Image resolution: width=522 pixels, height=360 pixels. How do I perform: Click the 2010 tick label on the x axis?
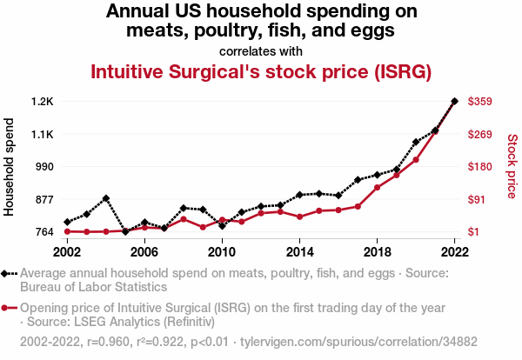pos(222,251)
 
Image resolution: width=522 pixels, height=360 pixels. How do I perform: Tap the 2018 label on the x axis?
pos(377,251)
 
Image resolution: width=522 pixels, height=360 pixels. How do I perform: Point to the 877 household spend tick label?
pos(43,199)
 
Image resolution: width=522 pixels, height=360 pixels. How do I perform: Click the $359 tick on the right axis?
pos(481,102)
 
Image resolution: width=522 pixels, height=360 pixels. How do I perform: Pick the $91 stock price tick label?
pos(478,199)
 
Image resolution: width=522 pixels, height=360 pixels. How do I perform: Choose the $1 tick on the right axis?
pos(475,231)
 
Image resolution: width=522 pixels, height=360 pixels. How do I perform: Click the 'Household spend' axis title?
pos(10,167)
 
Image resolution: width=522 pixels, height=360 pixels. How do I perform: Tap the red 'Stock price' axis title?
pos(512,165)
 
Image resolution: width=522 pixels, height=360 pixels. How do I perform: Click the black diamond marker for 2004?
pos(106,198)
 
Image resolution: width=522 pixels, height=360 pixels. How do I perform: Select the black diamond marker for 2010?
pos(222,226)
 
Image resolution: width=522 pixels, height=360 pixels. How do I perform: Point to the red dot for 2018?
pos(377,188)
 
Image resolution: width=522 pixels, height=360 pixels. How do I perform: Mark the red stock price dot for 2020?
pos(416,160)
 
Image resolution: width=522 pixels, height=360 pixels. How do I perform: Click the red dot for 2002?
pos(68,231)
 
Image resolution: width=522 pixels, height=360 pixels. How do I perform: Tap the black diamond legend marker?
pos(10,273)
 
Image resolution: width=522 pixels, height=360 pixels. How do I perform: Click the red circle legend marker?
pos(10,308)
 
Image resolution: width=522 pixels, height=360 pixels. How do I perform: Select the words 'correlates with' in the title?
pos(261,50)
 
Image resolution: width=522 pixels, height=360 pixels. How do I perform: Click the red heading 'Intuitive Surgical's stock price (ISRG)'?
pos(261,71)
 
